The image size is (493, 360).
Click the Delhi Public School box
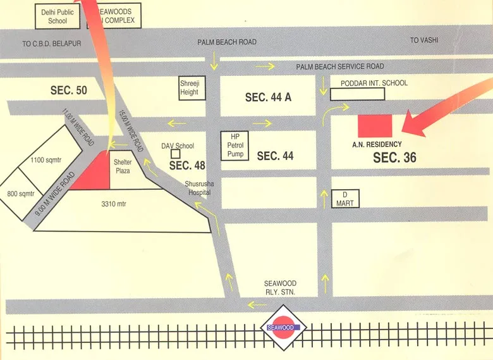coord(57,16)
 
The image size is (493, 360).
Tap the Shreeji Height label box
coord(189,88)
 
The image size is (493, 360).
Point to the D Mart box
coord(345,199)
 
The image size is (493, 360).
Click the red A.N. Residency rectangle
coord(375,126)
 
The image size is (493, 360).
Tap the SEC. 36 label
coord(394,158)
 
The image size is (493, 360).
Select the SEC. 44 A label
coord(268,97)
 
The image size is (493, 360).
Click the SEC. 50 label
coord(69,90)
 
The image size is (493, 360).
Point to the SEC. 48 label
coord(188,165)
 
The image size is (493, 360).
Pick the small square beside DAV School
coord(176,154)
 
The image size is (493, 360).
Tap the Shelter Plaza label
coord(123,166)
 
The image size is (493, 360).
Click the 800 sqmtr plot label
coord(20,194)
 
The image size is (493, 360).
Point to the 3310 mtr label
coord(114,204)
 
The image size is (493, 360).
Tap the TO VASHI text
coord(424,40)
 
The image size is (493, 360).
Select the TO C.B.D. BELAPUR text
coord(52,44)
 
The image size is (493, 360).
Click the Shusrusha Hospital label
coord(196,187)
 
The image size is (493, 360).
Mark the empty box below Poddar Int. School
coord(358,94)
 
